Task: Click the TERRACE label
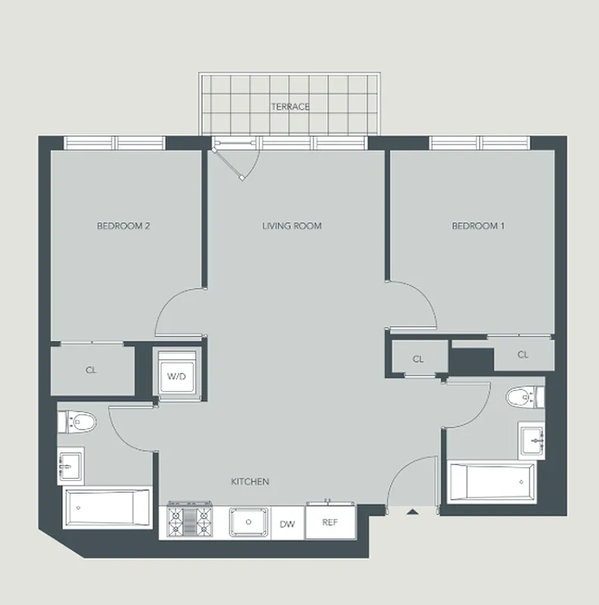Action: [290, 107]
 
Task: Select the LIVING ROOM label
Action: [292, 225]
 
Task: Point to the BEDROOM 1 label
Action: [477, 225]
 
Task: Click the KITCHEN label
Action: [250, 481]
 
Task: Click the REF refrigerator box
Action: [330, 522]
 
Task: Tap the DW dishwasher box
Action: [287, 523]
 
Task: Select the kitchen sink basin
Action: [247, 522]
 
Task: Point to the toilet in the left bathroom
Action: [77, 420]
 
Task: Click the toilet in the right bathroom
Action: [523, 396]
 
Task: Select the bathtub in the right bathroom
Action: [492, 482]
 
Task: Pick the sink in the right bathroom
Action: [532, 439]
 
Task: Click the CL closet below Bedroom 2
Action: [92, 371]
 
